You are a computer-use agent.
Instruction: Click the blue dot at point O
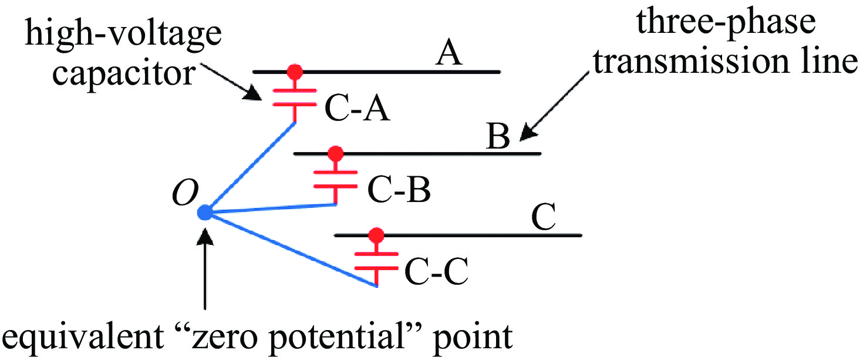(205, 213)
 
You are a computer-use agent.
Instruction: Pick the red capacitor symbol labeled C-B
(335, 179)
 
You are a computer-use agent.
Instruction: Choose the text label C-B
(399, 189)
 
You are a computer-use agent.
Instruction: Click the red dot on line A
(295, 72)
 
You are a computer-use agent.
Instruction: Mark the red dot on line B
(335, 154)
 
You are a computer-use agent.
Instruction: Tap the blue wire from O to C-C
(291, 249)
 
